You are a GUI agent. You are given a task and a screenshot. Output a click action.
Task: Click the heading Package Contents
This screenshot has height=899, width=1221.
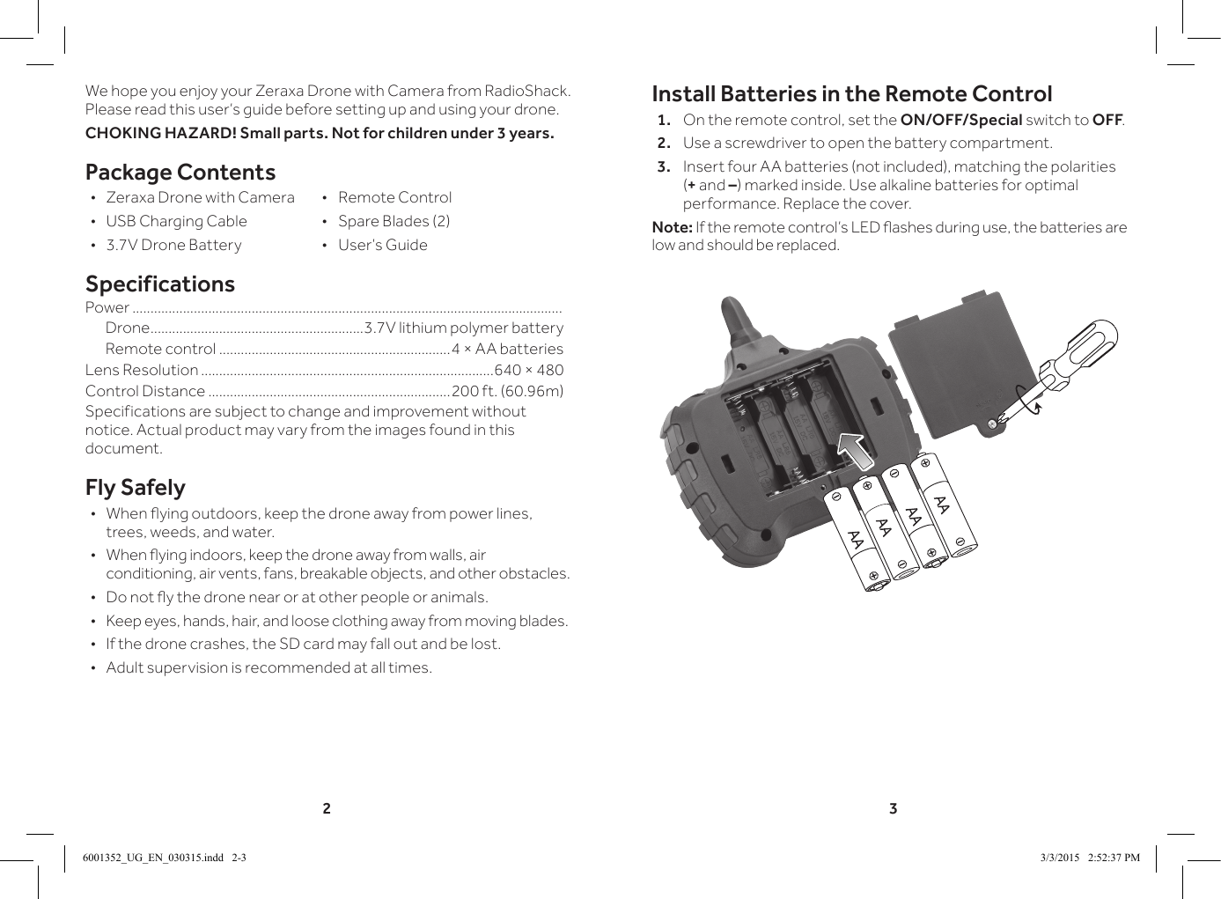180,173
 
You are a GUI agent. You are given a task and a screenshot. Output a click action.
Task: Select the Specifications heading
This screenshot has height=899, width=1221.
160,284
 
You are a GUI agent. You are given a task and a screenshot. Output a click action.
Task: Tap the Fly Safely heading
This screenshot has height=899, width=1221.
136,488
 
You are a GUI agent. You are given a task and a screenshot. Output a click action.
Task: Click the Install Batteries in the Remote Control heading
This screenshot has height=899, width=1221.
851,94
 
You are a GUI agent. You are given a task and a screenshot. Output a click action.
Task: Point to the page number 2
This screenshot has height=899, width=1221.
327,808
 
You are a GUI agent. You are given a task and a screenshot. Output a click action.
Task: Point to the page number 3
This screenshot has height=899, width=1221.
893,808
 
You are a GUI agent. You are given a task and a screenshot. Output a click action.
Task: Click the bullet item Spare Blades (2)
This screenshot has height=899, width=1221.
394,221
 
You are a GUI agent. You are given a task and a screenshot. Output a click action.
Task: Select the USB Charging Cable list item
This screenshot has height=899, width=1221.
176,221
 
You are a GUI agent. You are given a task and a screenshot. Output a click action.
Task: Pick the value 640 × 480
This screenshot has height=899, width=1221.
528,370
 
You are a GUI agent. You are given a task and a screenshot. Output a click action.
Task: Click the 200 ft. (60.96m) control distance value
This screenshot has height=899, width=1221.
507,391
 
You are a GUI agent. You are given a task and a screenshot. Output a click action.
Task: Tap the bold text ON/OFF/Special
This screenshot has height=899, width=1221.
960,120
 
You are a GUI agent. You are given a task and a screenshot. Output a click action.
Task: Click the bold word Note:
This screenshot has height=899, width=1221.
672,228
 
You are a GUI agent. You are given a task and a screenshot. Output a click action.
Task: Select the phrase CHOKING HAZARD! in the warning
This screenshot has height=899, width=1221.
160,134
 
